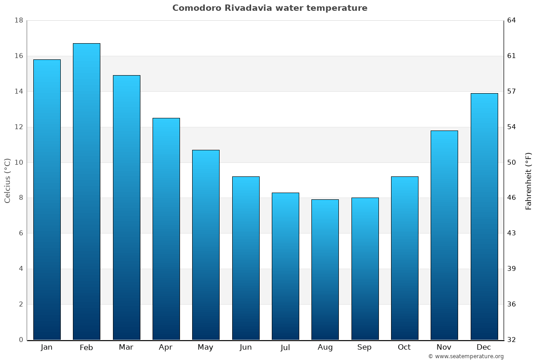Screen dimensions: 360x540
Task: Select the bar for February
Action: [86, 191]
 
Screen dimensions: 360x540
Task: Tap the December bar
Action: [484, 216]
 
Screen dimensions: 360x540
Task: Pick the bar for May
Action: [206, 244]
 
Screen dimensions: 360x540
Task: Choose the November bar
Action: [444, 235]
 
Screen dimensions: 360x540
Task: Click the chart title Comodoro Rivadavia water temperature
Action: [270, 8]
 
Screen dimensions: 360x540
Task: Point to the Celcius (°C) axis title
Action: [8, 180]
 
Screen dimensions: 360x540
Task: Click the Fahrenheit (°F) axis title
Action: [528, 180]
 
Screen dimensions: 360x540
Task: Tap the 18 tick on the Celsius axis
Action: [19, 20]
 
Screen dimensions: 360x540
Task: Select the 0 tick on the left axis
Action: [21, 340]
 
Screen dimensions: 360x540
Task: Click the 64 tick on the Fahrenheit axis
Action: [512, 20]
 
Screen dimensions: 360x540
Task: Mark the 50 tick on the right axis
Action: [512, 162]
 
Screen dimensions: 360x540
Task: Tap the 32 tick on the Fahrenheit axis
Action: [512, 340]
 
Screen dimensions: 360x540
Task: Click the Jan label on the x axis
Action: [46, 347]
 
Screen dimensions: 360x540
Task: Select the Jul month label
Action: [285, 347]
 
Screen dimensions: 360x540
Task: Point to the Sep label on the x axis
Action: [364, 347]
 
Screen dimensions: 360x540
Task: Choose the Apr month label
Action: [166, 347]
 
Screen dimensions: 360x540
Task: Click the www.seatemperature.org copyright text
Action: [466, 356]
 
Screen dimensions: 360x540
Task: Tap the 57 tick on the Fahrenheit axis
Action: [512, 91]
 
